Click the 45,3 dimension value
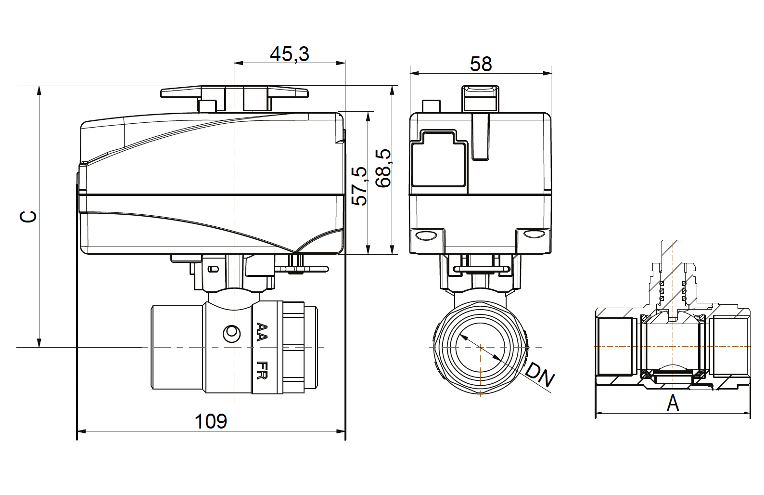pyautogui.click(x=290, y=54)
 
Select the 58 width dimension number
pyautogui.click(x=481, y=64)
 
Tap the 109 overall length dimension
pyautogui.click(x=211, y=421)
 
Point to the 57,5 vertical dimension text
pyautogui.click(x=359, y=186)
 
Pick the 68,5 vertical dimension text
pyautogui.click(x=383, y=169)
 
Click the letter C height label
pyautogui.click(x=28, y=216)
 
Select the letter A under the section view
pyautogui.click(x=673, y=403)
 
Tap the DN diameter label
pyautogui.click(x=540, y=376)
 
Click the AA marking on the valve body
pyautogui.click(x=262, y=332)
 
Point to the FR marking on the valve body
pyautogui.click(x=262, y=370)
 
